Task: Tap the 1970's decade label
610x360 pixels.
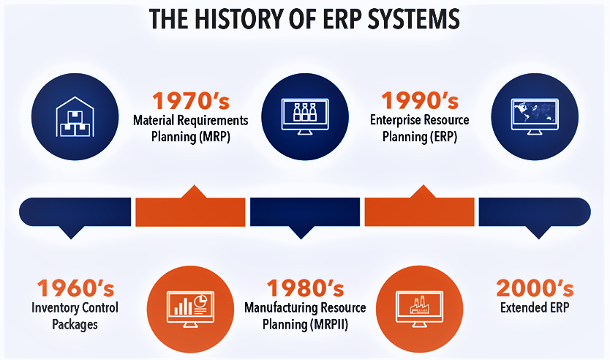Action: coord(191,101)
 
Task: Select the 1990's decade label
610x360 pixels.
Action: coord(420,101)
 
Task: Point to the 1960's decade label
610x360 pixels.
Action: coord(75,288)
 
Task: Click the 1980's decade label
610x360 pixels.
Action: coord(306,288)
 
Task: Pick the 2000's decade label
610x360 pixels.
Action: coord(535,288)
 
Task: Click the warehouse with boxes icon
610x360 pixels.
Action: coord(75,117)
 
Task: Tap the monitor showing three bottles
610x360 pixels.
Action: coord(305,117)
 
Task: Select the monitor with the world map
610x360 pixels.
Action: coord(535,117)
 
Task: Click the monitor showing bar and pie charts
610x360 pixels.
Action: coord(191,309)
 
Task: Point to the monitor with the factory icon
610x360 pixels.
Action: coord(419,309)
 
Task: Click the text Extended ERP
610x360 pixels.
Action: coord(535,308)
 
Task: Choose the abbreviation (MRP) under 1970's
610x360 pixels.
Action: coord(215,137)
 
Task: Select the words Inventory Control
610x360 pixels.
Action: coord(75,308)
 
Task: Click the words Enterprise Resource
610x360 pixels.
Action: coord(419,120)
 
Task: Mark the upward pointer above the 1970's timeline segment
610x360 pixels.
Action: coord(194,192)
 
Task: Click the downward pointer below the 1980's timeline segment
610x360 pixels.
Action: coord(301,233)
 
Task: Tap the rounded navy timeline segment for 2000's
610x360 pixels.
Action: coord(535,211)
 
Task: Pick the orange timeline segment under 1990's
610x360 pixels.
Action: coord(419,211)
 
